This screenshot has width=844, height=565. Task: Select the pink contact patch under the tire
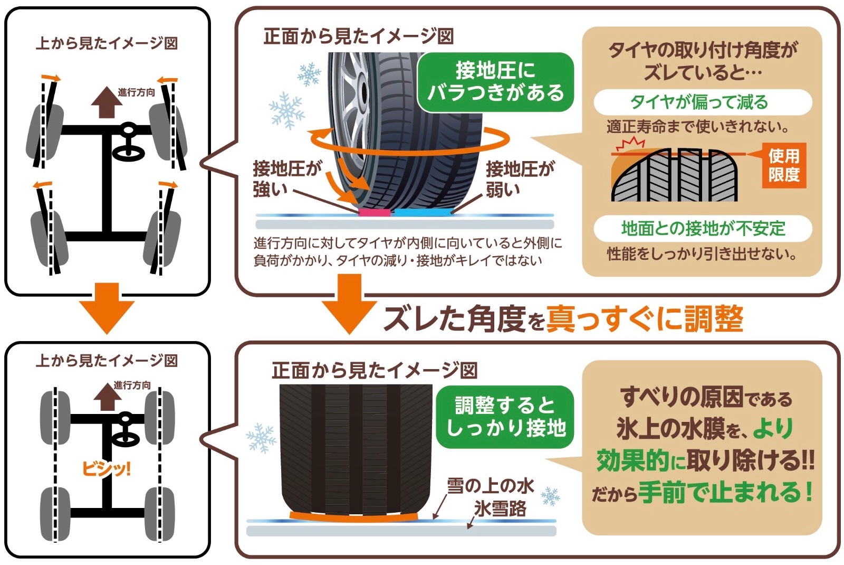coord(374,212)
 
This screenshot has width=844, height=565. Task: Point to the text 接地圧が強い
coord(286,178)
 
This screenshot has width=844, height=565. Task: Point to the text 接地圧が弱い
coord(519,178)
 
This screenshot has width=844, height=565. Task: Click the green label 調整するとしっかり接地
coord(505,417)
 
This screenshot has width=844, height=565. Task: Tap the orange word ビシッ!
coord(106,468)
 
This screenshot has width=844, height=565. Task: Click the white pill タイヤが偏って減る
coord(702,102)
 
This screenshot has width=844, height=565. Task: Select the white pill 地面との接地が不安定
coord(702,228)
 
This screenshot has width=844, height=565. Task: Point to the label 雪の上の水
coord(490,486)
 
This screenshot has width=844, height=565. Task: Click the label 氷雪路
coord(500,508)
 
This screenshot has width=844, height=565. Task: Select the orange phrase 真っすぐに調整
coord(644,319)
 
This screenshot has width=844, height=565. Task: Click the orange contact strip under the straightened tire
coord(353,516)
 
